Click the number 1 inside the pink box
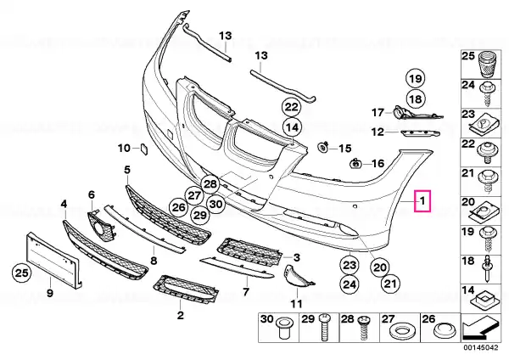coord(422,201)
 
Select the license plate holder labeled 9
coord(53,260)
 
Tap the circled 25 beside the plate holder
coord(22,273)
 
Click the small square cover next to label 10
coord(144,149)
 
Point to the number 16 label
coord(378,163)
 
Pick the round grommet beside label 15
coord(322,147)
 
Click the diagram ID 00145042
coord(481,347)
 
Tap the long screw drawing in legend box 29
coord(324,327)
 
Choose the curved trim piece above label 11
coord(296,277)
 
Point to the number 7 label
coord(246,291)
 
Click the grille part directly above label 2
coord(186,290)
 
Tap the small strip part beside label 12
coord(419,133)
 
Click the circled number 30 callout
coord(216,204)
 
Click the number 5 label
coord(127,170)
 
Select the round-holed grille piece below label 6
coord(102,226)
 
